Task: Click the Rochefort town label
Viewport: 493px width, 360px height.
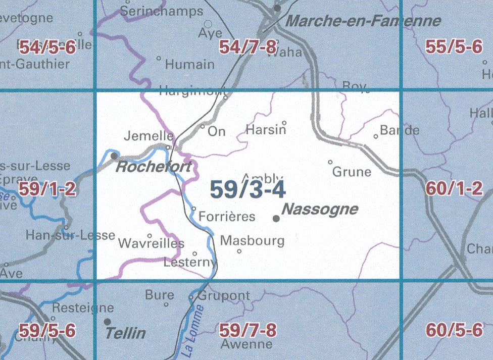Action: (154, 167)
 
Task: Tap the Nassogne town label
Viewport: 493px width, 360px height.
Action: (320, 209)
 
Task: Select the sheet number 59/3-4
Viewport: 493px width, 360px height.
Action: (248, 190)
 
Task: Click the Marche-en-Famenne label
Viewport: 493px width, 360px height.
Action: (363, 21)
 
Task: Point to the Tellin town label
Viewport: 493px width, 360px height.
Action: (125, 333)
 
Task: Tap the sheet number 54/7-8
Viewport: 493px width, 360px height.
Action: (248, 48)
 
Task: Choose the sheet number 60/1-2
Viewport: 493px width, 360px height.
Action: (454, 189)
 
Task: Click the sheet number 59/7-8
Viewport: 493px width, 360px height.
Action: (248, 331)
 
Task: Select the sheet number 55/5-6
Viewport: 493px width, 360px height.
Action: (454, 47)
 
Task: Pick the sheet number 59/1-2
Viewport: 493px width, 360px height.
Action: (47, 189)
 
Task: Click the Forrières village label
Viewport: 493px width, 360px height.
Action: (227, 217)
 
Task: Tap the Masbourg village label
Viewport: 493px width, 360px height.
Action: (253, 241)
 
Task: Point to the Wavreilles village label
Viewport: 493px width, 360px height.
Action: (151, 243)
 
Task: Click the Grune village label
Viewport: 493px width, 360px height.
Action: (352, 172)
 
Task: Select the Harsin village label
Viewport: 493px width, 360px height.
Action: (266, 130)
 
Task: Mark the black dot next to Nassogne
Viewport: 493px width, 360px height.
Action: (276, 219)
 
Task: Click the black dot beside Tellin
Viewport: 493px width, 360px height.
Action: (107, 321)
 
